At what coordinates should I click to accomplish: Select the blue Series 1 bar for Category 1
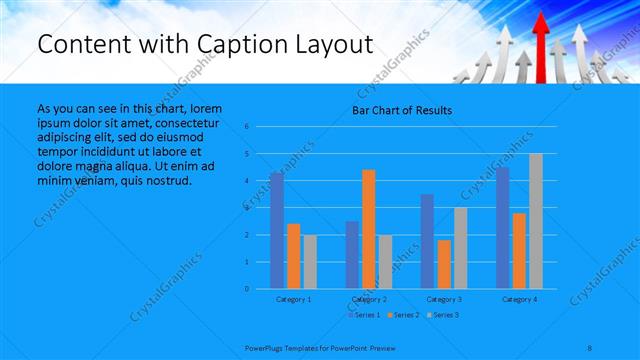click(x=277, y=230)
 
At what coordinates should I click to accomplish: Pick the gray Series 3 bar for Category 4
click(x=536, y=221)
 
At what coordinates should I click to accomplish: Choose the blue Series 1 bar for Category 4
click(x=502, y=227)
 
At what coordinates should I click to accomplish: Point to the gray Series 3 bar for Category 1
click(x=310, y=261)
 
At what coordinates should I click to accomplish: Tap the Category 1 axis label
click(x=293, y=299)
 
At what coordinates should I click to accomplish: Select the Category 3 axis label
click(x=444, y=299)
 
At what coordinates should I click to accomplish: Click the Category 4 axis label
click(x=519, y=299)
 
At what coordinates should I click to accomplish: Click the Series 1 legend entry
click(x=365, y=315)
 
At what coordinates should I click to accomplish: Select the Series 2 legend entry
click(x=405, y=315)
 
